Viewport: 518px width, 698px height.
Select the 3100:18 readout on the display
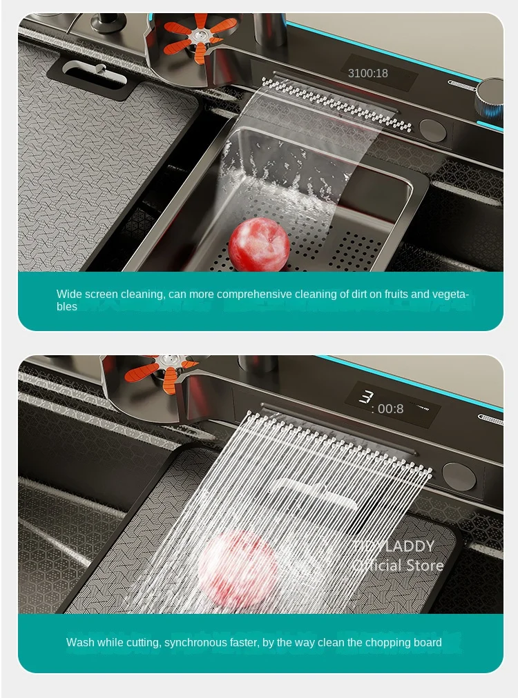point(367,73)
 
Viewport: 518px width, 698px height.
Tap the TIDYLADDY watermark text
point(394,546)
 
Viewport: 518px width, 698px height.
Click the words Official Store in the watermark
point(397,566)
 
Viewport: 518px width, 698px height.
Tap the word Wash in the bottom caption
point(79,642)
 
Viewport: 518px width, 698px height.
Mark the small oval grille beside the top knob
point(463,83)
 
